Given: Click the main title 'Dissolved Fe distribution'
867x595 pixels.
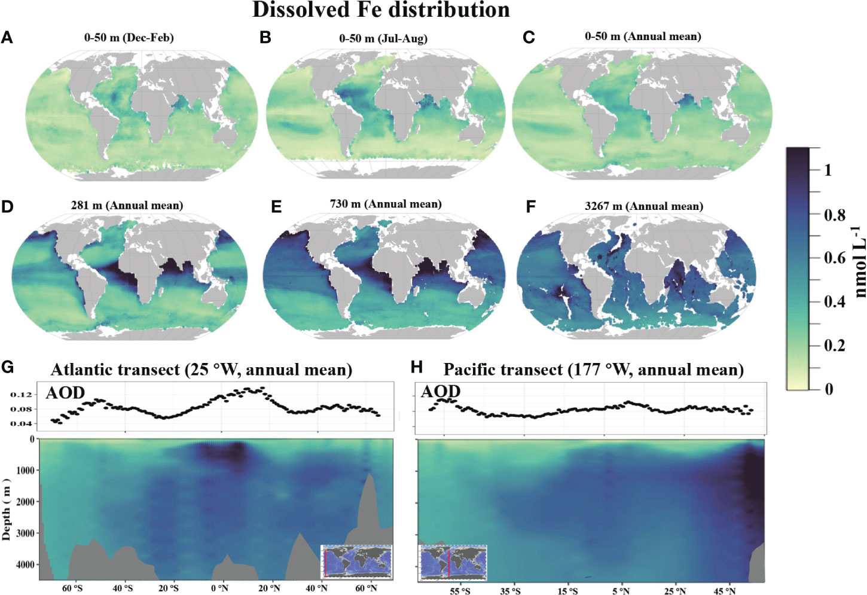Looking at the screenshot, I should tap(381, 10).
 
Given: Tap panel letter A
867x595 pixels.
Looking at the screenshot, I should tap(7, 38).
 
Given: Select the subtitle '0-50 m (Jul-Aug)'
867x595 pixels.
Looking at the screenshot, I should tap(383, 38).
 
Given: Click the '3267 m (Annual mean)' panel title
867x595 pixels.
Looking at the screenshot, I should tap(643, 206).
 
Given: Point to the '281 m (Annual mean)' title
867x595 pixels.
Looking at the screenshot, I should tap(127, 206).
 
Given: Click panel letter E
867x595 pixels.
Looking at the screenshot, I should tap(276, 207).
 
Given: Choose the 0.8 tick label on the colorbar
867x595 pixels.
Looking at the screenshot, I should tap(834, 215).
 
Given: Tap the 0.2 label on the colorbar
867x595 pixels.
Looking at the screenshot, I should tap(834, 345).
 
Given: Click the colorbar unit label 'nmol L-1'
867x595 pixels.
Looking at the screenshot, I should tap(859, 261).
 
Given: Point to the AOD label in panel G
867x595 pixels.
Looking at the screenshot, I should tap(65, 393).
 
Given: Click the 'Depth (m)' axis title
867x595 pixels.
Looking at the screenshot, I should tap(7, 509).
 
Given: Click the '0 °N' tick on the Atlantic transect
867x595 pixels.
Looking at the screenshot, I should tap(219, 588).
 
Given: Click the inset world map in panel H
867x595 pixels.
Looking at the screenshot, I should tap(453, 563).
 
